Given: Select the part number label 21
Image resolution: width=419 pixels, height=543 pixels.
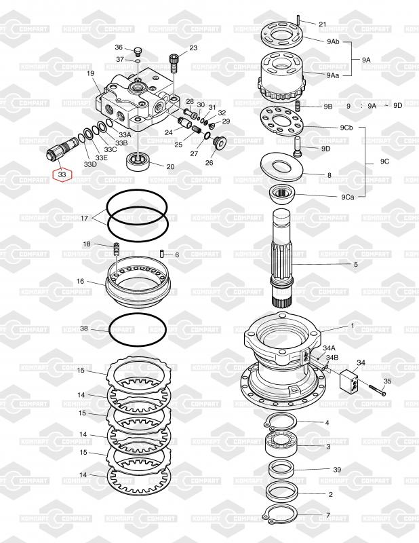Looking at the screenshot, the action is [x=322, y=24].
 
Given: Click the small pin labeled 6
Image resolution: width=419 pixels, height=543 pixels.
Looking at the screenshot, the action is [x=162, y=253].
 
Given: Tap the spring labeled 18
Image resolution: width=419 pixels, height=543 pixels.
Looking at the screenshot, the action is [x=117, y=249].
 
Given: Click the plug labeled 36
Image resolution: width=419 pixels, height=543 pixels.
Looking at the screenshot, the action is [x=138, y=52].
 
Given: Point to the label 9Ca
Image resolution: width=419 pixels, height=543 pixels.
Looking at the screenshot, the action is [x=347, y=197].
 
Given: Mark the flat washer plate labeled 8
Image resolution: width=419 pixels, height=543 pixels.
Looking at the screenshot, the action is [x=281, y=167].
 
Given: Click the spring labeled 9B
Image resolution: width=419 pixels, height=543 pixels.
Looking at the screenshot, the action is [x=298, y=106].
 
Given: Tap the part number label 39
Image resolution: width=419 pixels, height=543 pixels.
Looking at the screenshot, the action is [x=337, y=470].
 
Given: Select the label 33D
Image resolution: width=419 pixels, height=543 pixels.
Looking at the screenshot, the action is [x=90, y=164].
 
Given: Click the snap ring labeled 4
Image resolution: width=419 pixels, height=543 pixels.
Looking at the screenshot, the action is [x=279, y=422].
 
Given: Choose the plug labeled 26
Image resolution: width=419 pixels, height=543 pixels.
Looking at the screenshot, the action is [x=220, y=143].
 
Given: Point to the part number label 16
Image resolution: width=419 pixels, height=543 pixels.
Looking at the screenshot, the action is [x=80, y=281].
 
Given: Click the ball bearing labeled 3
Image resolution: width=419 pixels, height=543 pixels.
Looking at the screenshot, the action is [x=280, y=445].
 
